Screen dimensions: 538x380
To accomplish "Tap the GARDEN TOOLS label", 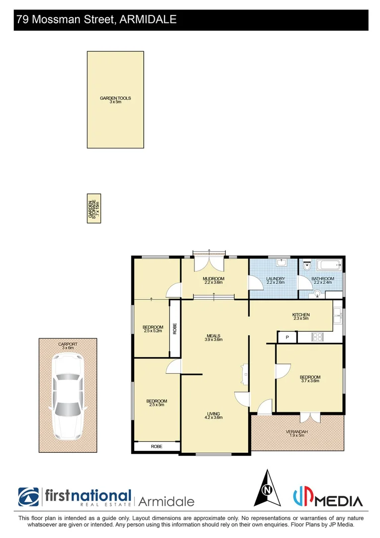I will click(x=115, y=99).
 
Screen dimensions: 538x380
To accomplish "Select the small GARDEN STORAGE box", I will click(x=94, y=208).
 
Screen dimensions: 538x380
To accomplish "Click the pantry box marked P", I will click(x=287, y=338).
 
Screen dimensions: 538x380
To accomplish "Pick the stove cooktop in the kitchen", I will click(x=317, y=337).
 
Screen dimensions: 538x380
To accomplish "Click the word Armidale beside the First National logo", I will click(x=166, y=501).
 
